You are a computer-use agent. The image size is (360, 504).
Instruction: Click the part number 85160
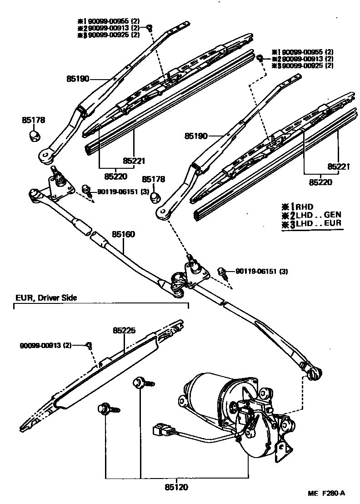[x=124, y=235]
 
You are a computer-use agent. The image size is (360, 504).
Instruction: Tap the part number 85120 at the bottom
[x=176, y=487]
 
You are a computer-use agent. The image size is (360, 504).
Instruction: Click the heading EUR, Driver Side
[x=45, y=298]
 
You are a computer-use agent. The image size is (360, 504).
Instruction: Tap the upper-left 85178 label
[x=32, y=120]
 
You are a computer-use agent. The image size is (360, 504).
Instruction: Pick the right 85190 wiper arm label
[x=196, y=136]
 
